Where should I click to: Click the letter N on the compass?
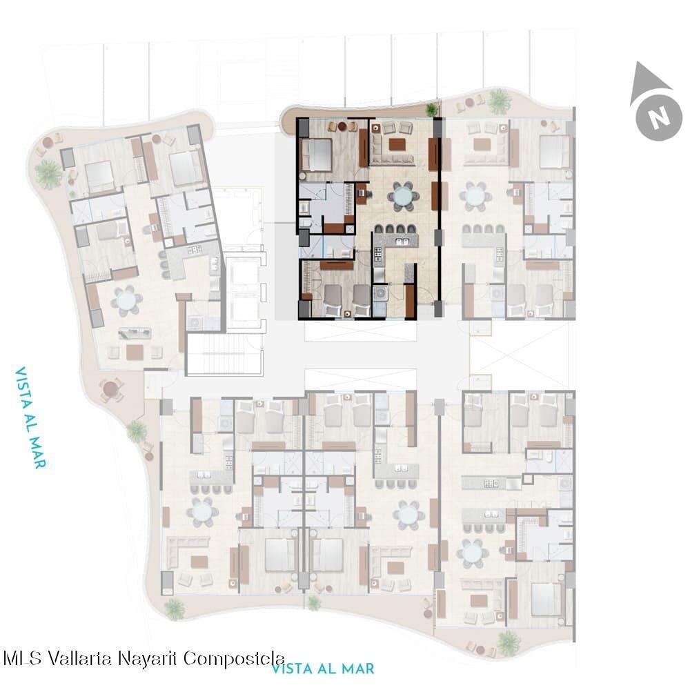[659, 117]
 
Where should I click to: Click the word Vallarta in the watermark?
[81, 658]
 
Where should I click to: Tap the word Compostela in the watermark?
[234, 659]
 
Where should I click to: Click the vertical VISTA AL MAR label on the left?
[30, 417]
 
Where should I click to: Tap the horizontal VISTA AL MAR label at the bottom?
[322, 669]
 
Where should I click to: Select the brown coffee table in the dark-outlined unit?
[397, 144]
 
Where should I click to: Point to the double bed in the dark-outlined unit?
[315, 155]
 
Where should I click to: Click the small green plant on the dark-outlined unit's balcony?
[432, 109]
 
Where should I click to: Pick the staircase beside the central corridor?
[225, 355]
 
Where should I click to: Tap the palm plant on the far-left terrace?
[48, 173]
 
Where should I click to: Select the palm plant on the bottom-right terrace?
[509, 643]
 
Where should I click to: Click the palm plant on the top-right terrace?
[500, 101]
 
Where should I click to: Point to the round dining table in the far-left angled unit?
[127, 301]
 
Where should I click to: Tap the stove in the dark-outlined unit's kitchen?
[378, 255]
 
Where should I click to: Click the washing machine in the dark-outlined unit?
[380, 293]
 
